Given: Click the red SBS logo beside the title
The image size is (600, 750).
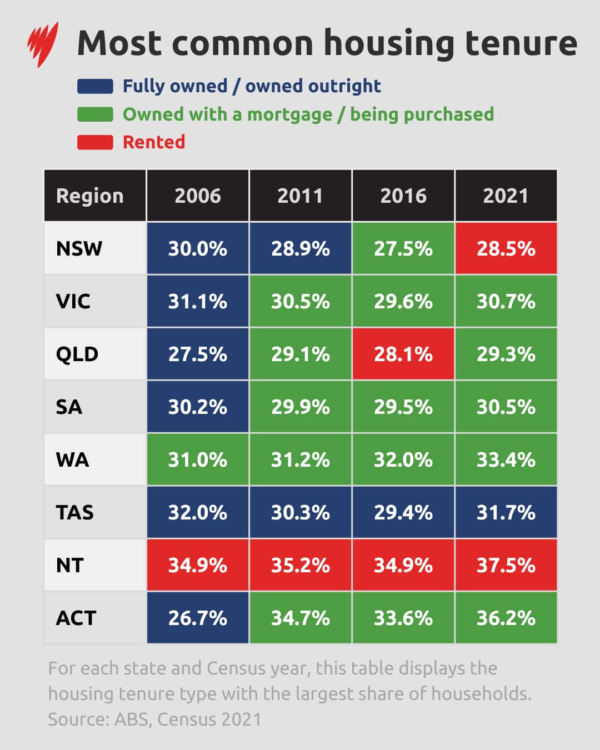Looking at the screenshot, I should click(x=43, y=44).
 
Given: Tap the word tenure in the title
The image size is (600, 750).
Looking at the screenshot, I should click(x=521, y=43).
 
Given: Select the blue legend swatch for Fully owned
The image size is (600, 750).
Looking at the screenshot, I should click(x=95, y=86).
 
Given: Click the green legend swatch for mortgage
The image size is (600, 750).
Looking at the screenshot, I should click(x=95, y=114).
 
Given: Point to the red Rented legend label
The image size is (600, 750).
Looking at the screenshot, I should click(x=154, y=142).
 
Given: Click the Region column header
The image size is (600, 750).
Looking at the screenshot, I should click(x=90, y=196).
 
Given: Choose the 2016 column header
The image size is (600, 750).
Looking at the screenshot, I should click(x=403, y=196).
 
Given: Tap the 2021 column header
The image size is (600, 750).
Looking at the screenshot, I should click(x=506, y=196).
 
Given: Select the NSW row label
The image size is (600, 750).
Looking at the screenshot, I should click(x=79, y=248).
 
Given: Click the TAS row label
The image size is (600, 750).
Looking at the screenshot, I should click(x=75, y=512).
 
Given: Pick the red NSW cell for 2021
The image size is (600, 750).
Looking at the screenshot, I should click(x=506, y=248).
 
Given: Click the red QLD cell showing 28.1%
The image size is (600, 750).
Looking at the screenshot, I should click(x=403, y=354).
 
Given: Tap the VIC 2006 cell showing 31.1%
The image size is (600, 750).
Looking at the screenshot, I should click(x=198, y=301).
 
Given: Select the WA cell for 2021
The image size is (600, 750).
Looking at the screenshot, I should click(x=506, y=459).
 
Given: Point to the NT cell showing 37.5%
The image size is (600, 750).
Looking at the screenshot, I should click(x=506, y=565).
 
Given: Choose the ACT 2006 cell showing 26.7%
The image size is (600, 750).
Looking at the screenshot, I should click(x=198, y=618).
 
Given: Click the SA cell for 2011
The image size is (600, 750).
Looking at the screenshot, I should click(x=301, y=407).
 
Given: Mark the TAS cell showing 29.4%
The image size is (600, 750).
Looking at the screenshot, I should click(x=403, y=512).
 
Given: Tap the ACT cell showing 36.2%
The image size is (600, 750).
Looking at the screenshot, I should click(x=506, y=618).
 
